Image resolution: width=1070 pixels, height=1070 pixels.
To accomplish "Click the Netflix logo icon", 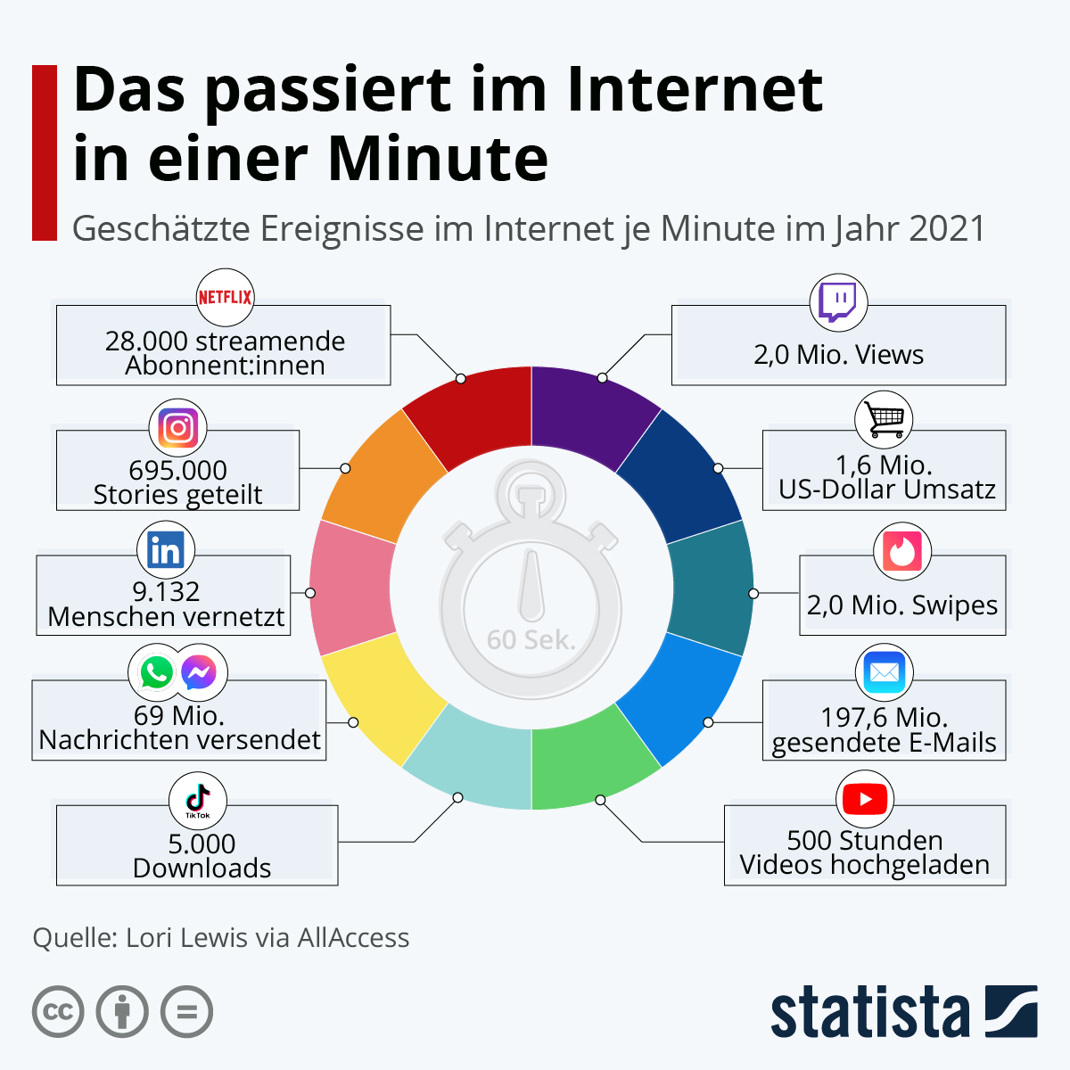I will (225, 297).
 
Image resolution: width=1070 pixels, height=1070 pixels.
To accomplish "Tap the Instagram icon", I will (177, 428).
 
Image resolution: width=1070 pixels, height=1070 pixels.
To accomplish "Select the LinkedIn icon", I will (166, 551).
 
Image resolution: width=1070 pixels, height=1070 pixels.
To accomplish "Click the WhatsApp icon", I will (157, 672).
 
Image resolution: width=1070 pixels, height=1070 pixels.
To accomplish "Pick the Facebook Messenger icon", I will (198, 672).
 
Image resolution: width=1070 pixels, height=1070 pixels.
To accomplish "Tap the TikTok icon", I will (198, 800).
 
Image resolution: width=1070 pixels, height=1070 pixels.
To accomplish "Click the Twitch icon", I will (838, 302).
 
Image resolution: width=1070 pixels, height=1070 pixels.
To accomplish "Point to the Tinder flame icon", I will (902, 551).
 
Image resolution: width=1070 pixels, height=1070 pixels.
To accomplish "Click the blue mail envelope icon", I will (884, 672).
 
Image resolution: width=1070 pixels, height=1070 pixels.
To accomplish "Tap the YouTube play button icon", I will (865, 799).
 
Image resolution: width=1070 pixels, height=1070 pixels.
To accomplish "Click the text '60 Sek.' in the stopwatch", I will (531, 639).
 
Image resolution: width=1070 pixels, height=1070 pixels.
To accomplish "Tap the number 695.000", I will (177, 470).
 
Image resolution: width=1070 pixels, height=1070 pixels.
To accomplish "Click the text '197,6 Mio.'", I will (884, 717).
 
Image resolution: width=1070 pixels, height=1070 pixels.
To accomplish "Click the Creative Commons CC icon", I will (58, 1011).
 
